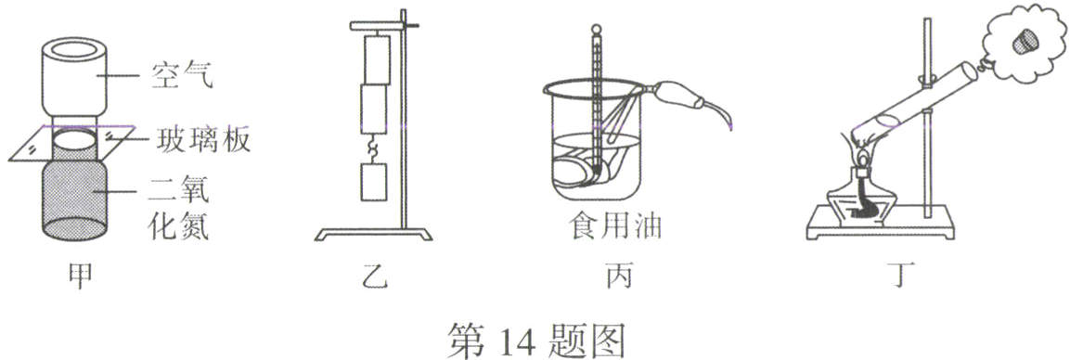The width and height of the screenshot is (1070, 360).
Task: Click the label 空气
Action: click(182, 75)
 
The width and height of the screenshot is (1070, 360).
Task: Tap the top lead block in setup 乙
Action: click(379, 58)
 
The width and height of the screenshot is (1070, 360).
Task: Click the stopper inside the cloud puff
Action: click(1021, 40)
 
